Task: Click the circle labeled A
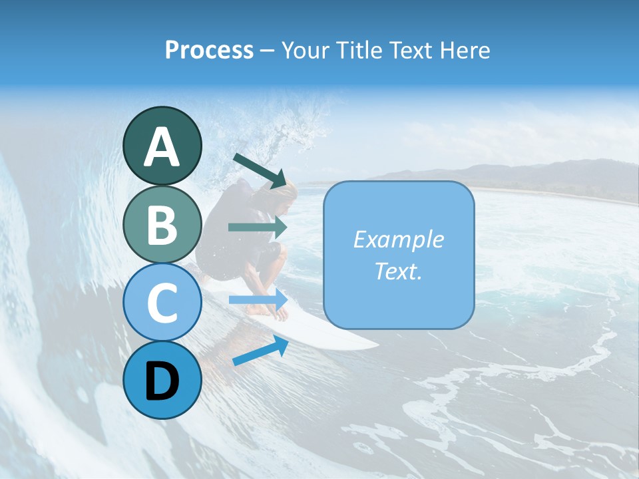(162, 146)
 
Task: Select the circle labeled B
(162, 224)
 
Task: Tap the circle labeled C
(162, 303)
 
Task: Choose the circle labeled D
(162, 380)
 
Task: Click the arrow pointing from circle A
(260, 170)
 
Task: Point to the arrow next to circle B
(257, 227)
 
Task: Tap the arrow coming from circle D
(260, 351)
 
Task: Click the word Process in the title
(209, 51)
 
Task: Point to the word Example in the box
(398, 239)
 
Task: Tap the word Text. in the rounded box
(398, 271)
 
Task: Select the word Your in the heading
(305, 51)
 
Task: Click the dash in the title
(268, 51)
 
